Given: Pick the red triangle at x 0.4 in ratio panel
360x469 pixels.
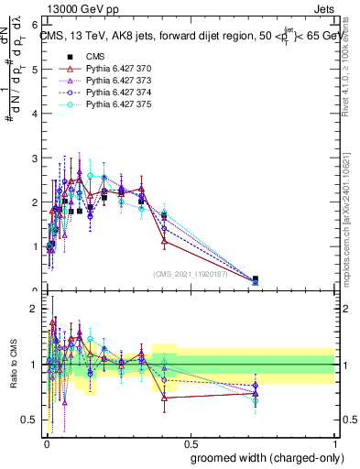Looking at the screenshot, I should pos(164,398).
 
